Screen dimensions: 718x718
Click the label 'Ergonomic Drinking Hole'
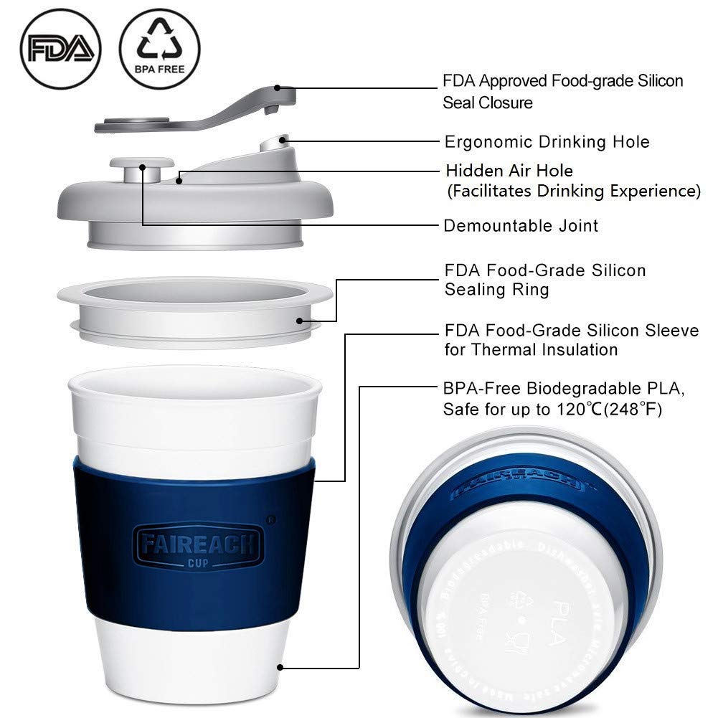(547, 141)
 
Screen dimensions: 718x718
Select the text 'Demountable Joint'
(521, 226)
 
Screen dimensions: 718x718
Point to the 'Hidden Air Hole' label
(509, 171)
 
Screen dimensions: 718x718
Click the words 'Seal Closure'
(488, 103)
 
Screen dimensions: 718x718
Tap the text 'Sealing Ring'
(496, 290)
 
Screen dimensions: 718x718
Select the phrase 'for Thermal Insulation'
(531, 350)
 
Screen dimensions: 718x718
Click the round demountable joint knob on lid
(141, 169)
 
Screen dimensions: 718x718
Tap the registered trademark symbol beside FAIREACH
(270, 515)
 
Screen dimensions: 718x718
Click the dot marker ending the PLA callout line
(281, 667)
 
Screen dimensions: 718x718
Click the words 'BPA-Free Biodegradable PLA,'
(565, 389)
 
